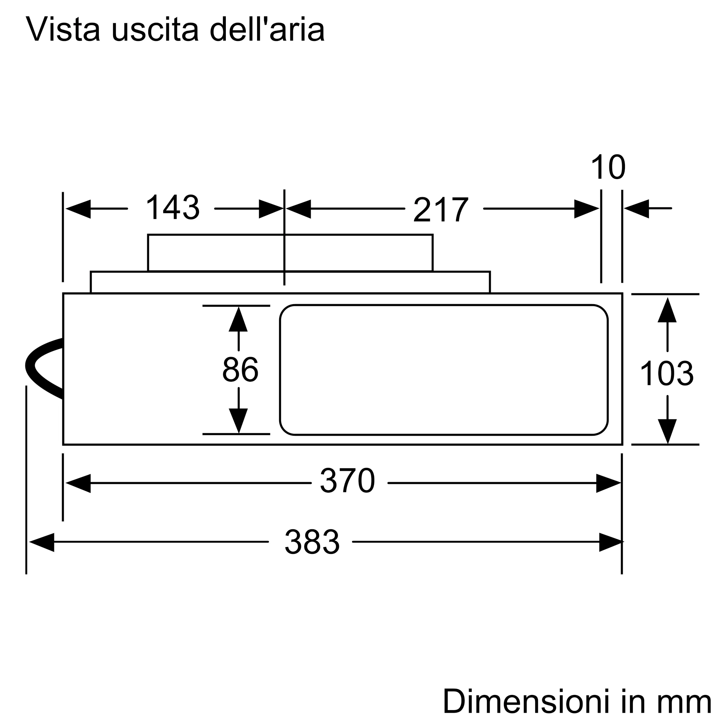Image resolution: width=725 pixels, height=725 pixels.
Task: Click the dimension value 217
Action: [441, 210]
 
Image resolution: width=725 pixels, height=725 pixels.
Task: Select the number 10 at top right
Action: [608, 167]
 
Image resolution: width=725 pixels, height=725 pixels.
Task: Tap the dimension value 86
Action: [240, 370]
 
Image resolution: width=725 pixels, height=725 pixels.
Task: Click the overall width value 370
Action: [348, 481]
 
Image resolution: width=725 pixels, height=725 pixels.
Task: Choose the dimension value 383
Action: [312, 542]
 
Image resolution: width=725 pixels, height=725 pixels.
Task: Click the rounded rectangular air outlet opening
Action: [444, 370]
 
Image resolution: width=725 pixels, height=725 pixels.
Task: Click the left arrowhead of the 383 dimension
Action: [42, 542]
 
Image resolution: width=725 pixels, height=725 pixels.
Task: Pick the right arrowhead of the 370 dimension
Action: [608, 483]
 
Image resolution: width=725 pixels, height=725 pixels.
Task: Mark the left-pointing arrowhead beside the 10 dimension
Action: [637, 209]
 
